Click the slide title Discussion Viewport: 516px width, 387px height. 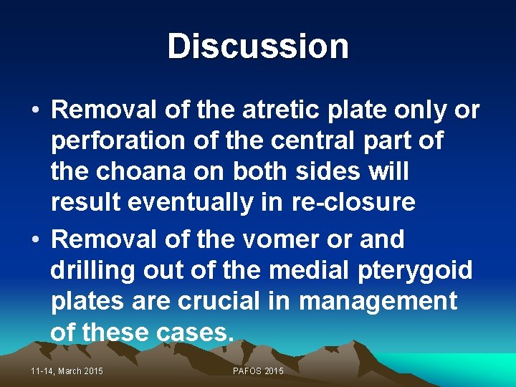[258, 47]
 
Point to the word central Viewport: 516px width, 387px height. [304, 141]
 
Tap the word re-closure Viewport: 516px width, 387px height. [353, 203]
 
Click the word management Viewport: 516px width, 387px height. [378, 302]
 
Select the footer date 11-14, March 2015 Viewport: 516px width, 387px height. [67, 371]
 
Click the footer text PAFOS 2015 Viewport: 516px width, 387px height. [258, 371]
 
